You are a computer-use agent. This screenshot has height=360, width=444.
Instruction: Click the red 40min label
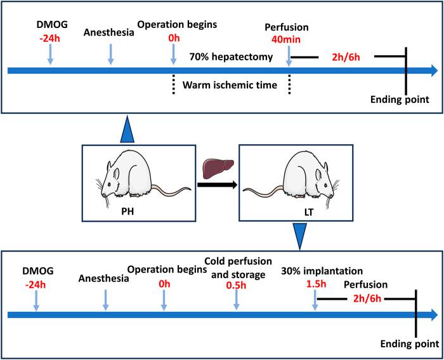point(286,39)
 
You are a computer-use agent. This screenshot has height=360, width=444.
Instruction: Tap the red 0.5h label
point(236,285)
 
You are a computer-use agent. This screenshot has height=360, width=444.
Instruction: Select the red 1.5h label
point(317,284)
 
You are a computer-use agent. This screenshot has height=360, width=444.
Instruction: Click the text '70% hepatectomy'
point(231,57)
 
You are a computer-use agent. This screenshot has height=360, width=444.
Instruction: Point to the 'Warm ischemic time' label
point(230,85)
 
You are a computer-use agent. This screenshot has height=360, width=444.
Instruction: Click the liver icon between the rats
point(218,169)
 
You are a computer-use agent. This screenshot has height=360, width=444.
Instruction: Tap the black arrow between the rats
point(217,185)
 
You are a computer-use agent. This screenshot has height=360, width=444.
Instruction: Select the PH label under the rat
point(127,212)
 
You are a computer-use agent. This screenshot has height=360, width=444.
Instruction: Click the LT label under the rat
point(309,212)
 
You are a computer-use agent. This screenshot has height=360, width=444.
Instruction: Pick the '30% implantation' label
point(322,271)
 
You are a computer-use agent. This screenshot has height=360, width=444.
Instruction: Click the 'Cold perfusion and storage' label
point(238,268)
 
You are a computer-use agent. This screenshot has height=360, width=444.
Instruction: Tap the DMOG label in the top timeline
point(52,25)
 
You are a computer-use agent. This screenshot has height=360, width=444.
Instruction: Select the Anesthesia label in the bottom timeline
point(103,279)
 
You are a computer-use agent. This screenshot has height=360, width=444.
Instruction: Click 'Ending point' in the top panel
point(400,100)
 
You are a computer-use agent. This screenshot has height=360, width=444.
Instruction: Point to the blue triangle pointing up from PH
point(127,129)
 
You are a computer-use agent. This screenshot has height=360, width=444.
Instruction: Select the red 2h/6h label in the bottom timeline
point(367,298)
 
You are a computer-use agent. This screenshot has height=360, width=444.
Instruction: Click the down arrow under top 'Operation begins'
point(174,54)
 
